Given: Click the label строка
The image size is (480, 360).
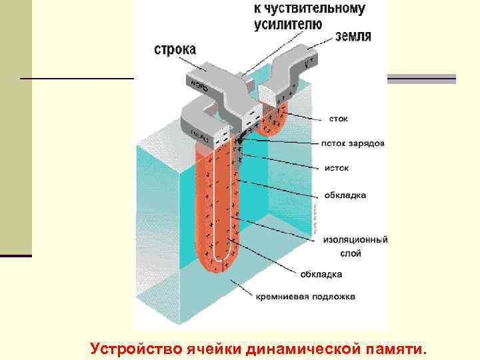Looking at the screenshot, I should pos(175,49).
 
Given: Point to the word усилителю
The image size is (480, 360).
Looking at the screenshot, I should pos(288,24).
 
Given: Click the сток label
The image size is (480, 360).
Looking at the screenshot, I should pos(338,119).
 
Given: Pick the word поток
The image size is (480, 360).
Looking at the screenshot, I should pos(333,143).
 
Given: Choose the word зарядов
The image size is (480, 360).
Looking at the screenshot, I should pos(367,143).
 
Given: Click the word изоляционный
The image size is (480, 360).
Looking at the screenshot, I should pos(355,239).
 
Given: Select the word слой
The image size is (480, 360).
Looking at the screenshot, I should pos(350,253).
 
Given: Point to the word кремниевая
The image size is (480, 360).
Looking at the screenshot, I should pos(283,296).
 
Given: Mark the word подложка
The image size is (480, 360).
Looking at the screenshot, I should pos(332,296).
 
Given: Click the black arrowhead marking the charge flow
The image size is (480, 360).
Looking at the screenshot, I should pos(238,143).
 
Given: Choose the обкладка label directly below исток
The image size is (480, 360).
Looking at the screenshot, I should pos(345,195).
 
